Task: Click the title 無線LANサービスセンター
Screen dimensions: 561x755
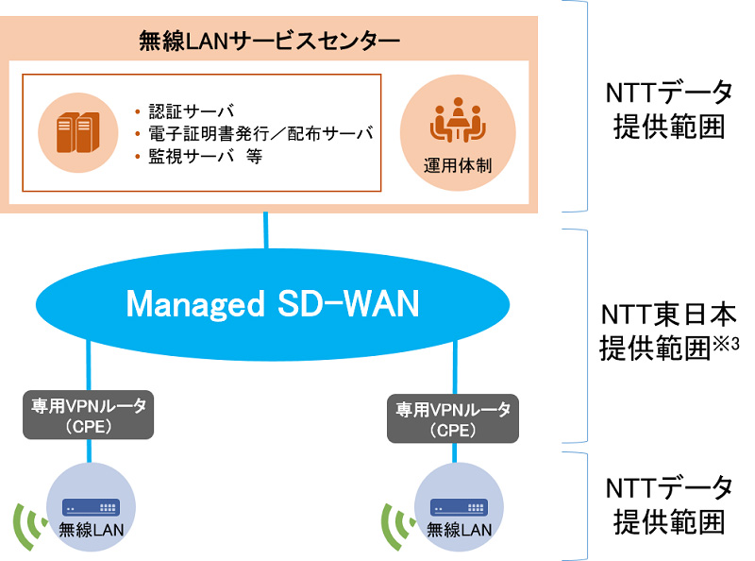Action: click(x=269, y=41)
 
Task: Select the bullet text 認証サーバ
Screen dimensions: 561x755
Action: click(x=185, y=110)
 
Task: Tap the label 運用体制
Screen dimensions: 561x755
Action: click(x=457, y=164)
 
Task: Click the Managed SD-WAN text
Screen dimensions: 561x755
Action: click(x=273, y=304)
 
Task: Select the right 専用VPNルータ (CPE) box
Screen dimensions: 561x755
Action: click(x=452, y=417)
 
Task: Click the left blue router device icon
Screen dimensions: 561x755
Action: click(x=91, y=507)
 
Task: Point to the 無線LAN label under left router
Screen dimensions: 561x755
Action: click(x=91, y=530)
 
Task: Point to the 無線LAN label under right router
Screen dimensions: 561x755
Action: click(x=459, y=530)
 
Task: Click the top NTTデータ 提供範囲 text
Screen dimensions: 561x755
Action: click(x=668, y=110)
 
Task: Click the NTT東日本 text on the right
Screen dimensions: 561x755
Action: click(x=668, y=313)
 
